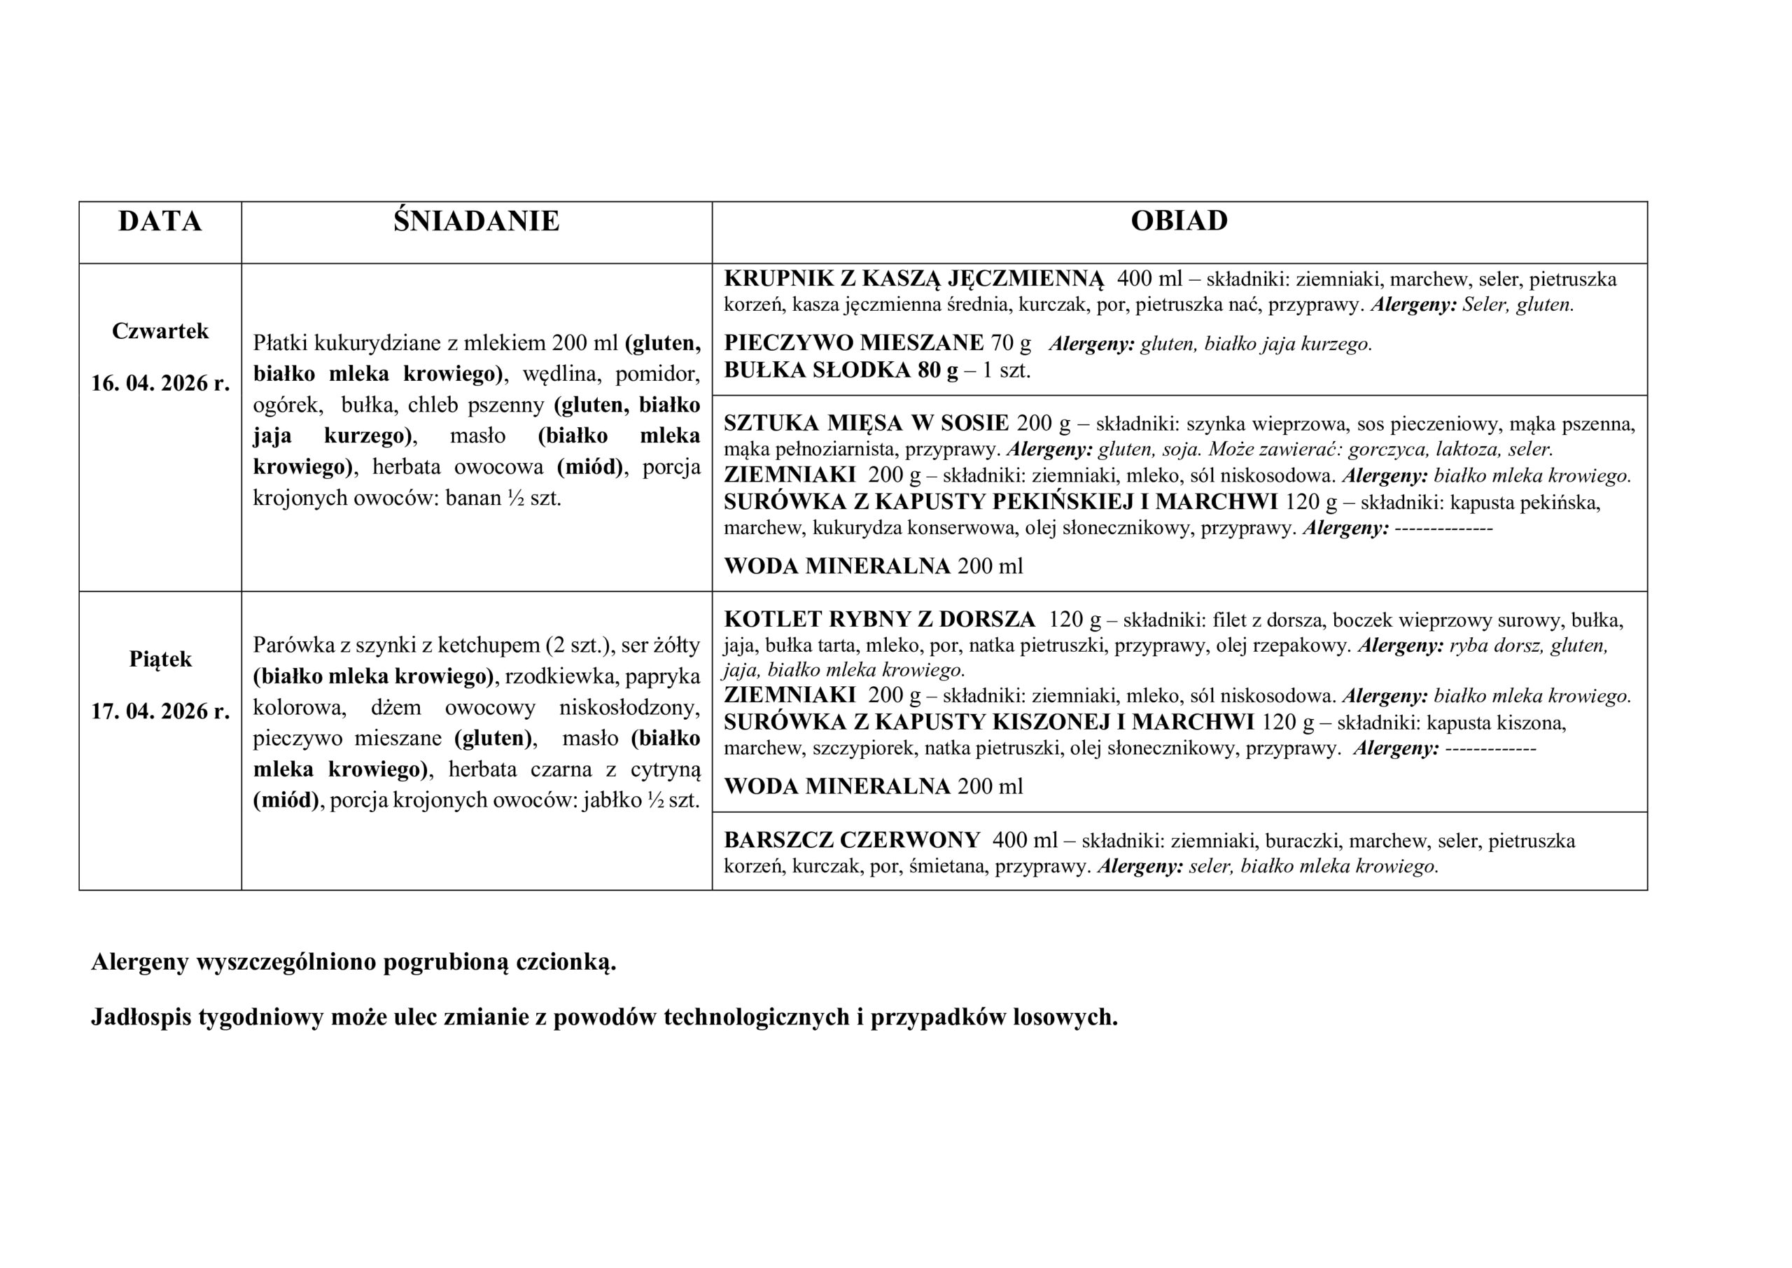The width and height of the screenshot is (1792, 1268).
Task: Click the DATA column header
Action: pyautogui.click(x=160, y=221)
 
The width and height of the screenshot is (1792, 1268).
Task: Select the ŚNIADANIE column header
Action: pyautogui.click(x=476, y=221)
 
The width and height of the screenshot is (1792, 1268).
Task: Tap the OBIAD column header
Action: pyautogui.click(x=1179, y=221)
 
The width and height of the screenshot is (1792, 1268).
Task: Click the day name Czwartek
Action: pyautogui.click(x=160, y=331)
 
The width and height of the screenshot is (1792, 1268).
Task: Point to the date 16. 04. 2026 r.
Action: pyautogui.click(x=160, y=384)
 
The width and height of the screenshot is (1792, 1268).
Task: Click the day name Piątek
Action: pyautogui.click(x=160, y=660)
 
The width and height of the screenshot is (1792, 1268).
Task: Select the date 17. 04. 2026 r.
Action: pyautogui.click(x=160, y=711)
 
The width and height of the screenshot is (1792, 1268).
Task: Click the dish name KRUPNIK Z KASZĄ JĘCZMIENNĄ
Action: pyautogui.click(x=914, y=279)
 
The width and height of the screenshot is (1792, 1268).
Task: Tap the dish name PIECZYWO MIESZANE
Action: pyautogui.click(x=854, y=343)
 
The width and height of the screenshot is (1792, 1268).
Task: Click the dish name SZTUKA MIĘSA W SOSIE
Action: pyautogui.click(x=867, y=423)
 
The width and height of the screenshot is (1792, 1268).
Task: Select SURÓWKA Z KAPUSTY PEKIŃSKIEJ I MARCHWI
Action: pyautogui.click(x=1000, y=502)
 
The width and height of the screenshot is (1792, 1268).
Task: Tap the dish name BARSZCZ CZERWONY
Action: pyautogui.click(x=851, y=840)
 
